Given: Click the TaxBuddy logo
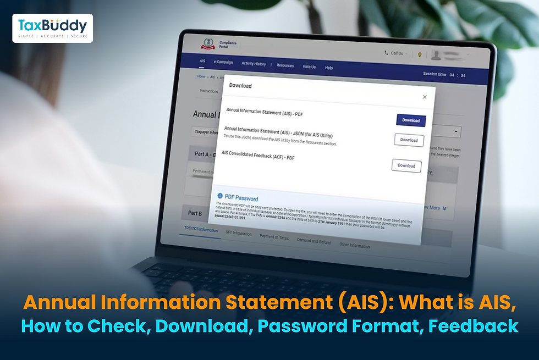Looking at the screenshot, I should [x=52, y=28].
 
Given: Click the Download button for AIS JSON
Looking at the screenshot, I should [x=409, y=140].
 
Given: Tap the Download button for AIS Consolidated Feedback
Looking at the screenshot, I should [x=406, y=165].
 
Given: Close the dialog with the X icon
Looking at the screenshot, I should [x=425, y=97].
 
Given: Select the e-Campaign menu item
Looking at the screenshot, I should [x=223, y=63].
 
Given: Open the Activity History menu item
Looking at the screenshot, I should [x=254, y=64].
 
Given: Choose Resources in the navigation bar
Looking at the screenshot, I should [x=285, y=65].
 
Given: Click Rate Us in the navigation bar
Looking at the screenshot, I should [x=309, y=67].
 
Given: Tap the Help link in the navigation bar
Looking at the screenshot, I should [x=329, y=68].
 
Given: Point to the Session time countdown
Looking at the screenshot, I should [x=444, y=75].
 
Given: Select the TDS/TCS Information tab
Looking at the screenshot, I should [x=201, y=230].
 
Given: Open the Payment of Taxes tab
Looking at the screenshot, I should [x=274, y=237].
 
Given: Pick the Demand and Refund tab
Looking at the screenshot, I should [x=314, y=241].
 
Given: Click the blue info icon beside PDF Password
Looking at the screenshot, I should [x=220, y=196].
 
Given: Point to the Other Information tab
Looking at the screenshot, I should [x=355, y=246].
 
